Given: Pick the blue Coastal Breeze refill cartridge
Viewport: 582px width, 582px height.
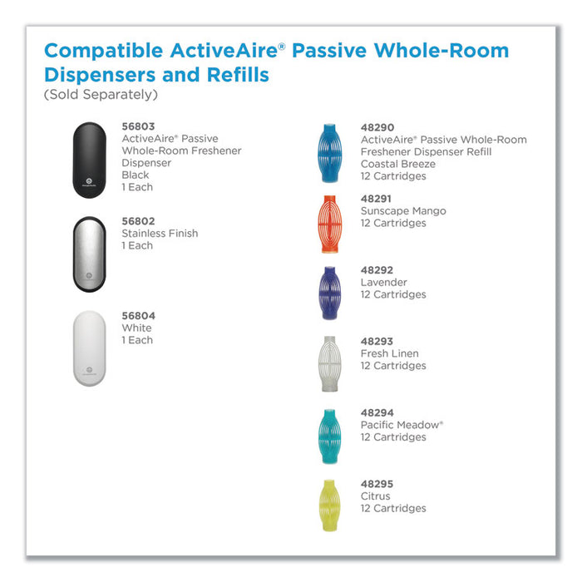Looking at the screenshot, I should (328, 153).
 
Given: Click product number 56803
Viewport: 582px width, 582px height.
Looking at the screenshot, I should (138, 126).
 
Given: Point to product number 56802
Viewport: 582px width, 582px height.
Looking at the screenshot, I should (138, 221).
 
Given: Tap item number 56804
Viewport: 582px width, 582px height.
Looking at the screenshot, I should (138, 316).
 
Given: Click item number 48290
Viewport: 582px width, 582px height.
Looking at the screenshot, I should (377, 128).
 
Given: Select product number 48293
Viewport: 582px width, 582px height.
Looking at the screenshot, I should (377, 342).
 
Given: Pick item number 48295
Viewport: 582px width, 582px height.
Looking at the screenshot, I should (377, 484).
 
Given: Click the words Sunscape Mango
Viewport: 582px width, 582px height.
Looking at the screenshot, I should (403, 211).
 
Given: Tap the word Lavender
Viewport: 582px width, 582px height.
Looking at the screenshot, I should (384, 283).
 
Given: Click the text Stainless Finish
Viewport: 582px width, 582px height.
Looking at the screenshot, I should (160, 234).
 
